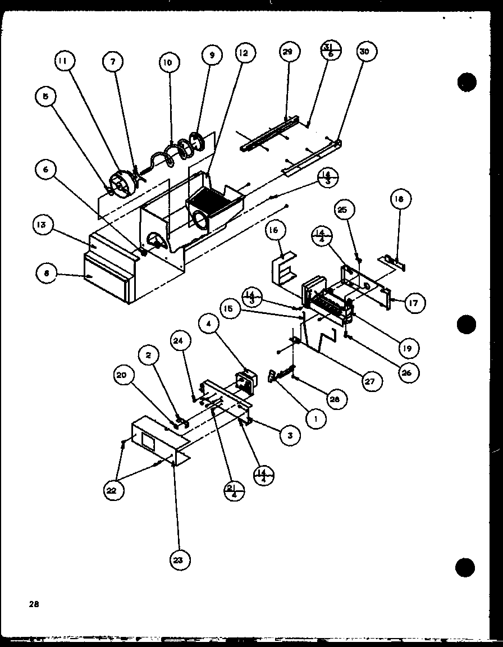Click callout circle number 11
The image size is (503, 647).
click(65, 61)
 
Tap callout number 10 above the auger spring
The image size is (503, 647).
click(168, 62)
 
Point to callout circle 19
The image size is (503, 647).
click(406, 348)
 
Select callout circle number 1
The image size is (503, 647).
click(317, 418)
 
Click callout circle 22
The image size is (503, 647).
click(114, 490)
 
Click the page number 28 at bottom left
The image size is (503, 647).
click(35, 604)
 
